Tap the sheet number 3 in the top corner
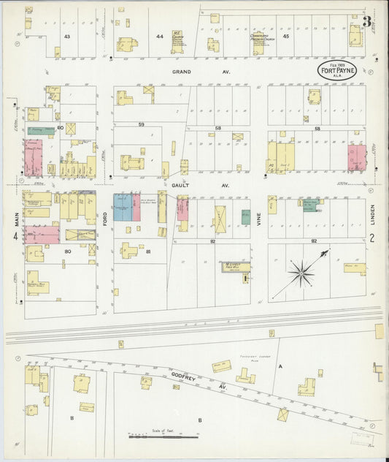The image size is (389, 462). (367, 21)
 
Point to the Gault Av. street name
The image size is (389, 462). (181, 186)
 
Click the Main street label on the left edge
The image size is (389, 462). (15, 217)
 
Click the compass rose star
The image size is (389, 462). (301, 274)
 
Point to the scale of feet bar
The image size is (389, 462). (162, 437)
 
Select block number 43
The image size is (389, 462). (66, 36)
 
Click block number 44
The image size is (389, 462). (159, 36)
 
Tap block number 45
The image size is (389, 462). (285, 36)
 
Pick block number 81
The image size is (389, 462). (148, 252)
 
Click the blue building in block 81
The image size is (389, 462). (122, 208)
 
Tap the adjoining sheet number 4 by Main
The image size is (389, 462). (15, 237)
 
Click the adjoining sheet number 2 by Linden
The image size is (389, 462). (371, 237)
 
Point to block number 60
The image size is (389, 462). (61, 128)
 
